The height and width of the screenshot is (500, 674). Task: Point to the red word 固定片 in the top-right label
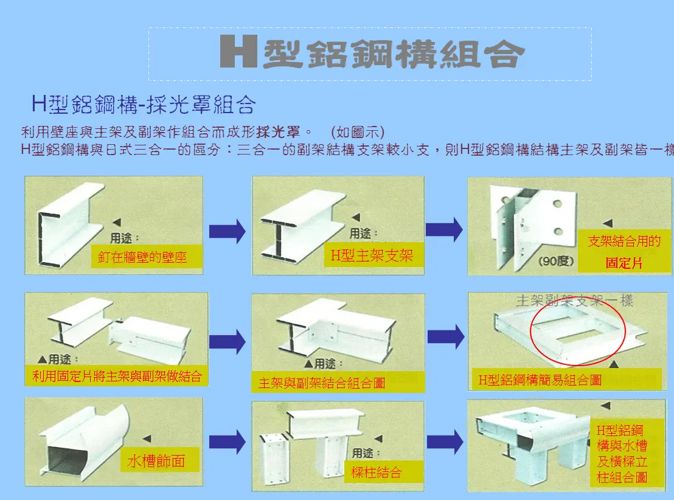tap(624, 263)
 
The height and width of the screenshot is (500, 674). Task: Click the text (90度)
tap(556, 262)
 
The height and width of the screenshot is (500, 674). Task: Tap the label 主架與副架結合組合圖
tap(322, 383)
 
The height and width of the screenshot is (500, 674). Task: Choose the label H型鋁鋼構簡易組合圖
tap(540, 380)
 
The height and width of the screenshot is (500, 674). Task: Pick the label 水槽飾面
tap(156, 461)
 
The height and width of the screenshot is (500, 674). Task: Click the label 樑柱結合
tap(377, 472)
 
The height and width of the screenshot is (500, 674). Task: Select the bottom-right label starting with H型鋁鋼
tap(622, 454)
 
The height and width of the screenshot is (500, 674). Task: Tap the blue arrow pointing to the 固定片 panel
tap(444, 229)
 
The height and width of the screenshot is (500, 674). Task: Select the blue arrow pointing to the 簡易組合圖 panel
tap(446, 336)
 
